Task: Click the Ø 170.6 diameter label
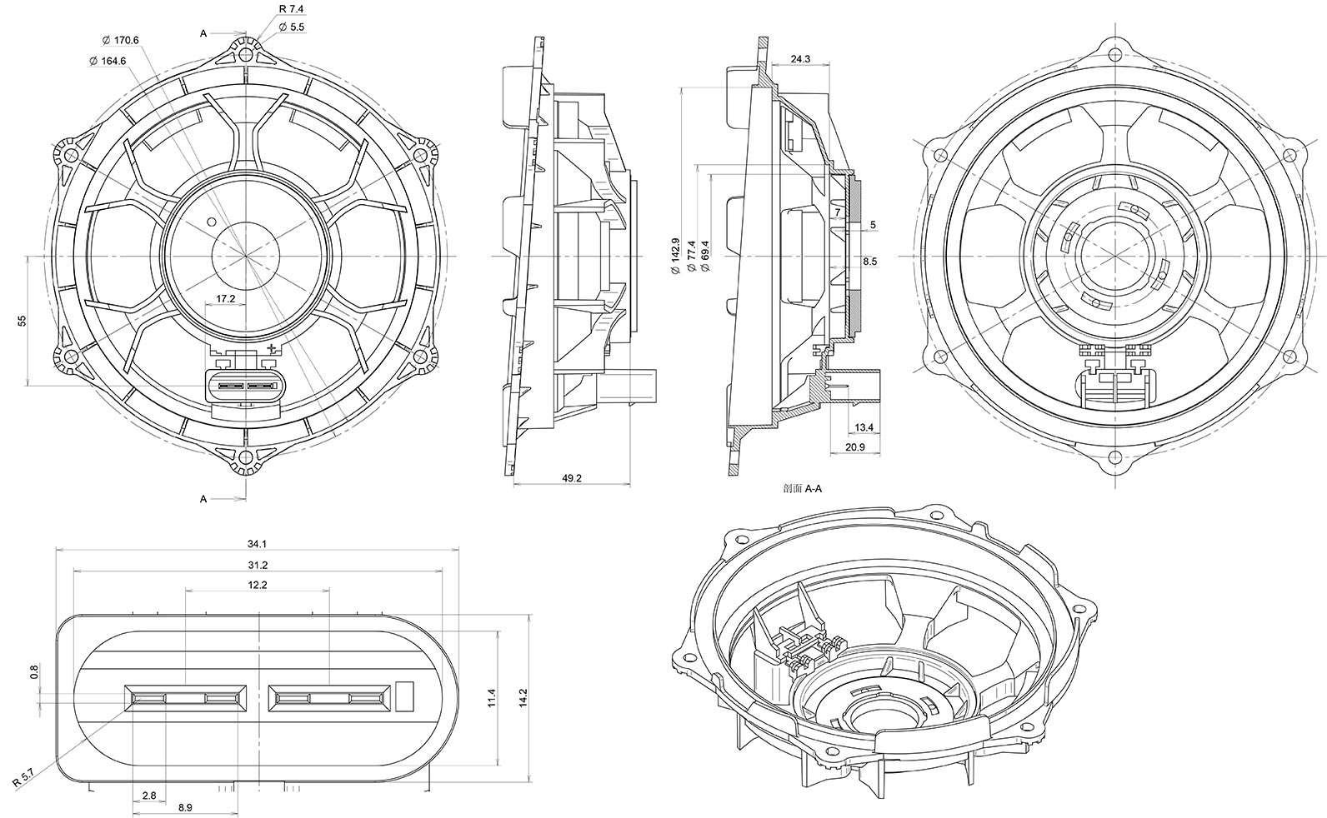tap(120, 40)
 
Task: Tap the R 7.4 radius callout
tap(291, 9)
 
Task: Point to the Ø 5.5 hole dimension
tap(291, 27)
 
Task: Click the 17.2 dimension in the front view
tap(225, 299)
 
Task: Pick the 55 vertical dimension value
tap(22, 321)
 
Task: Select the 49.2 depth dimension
tap(572, 478)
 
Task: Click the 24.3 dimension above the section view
tap(800, 59)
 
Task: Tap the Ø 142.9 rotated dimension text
tap(675, 256)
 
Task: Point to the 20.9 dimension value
tap(855, 447)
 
